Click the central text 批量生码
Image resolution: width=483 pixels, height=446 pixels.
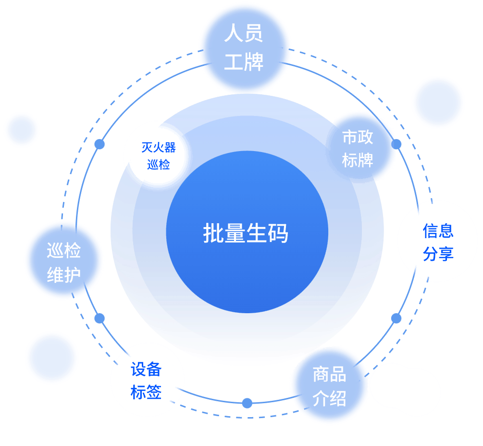pos(246,233)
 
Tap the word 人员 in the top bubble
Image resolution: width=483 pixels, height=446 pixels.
pos(243,33)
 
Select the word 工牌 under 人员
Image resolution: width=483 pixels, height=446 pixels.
pos(244,62)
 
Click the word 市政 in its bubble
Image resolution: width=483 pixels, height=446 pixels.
pos(358,137)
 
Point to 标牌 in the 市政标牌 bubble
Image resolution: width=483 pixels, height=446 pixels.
pos(358,160)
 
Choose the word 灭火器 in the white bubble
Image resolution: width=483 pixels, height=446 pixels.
pos(158,147)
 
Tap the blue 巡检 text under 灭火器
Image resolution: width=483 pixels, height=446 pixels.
pos(158,165)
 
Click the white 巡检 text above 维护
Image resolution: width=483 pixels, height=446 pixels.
pos(64,250)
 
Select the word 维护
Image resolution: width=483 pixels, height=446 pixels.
pos(64,275)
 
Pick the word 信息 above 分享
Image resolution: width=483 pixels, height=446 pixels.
pos(438,231)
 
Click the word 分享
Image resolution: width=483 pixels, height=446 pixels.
pos(438,254)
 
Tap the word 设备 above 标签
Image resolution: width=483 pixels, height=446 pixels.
pos(146,369)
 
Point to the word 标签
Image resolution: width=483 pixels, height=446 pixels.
pos(146,392)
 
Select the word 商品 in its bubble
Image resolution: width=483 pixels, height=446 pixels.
pos(329,374)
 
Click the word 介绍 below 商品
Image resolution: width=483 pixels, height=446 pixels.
pos(329,398)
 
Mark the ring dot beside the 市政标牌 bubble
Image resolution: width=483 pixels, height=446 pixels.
pos(396,144)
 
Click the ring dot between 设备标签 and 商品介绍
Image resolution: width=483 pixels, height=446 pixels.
pos(247,403)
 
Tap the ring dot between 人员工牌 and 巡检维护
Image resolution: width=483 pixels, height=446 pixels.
pos(99,144)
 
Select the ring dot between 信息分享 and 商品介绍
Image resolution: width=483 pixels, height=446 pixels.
pos(396,319)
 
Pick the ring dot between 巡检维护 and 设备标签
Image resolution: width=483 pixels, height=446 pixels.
pos(99,319)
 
